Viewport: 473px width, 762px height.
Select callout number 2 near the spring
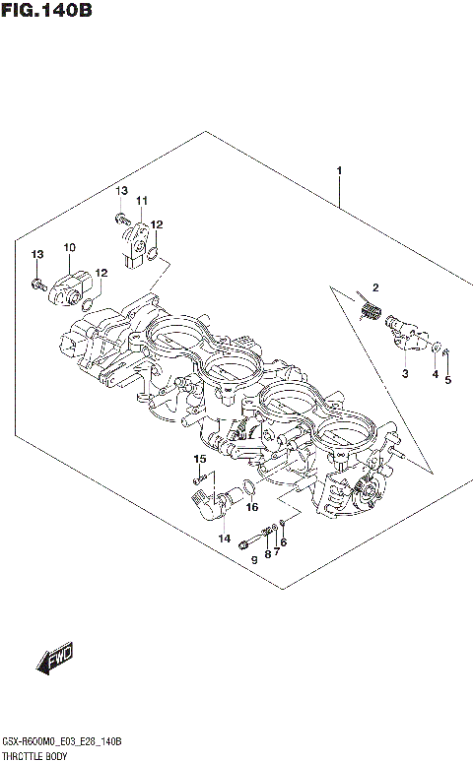tap(375, 286)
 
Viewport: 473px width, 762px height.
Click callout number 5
tap(447, 379)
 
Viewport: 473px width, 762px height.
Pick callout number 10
tap(70, 246)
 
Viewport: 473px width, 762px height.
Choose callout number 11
tap(141, 201)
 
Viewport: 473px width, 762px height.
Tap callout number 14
tap(225, 539)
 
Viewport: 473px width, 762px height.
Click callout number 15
tap(199, 459)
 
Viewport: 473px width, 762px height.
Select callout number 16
tap(252, 508)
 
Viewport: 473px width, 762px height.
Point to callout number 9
tap(254, 560)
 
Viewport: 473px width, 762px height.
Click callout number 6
tap(284, 542)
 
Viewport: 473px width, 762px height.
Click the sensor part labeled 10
tap(69, 283)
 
